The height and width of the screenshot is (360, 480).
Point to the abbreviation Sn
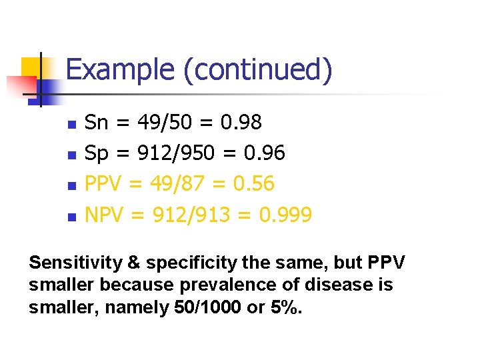click(97, 123)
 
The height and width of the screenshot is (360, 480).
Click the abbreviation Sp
click(97, 153)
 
